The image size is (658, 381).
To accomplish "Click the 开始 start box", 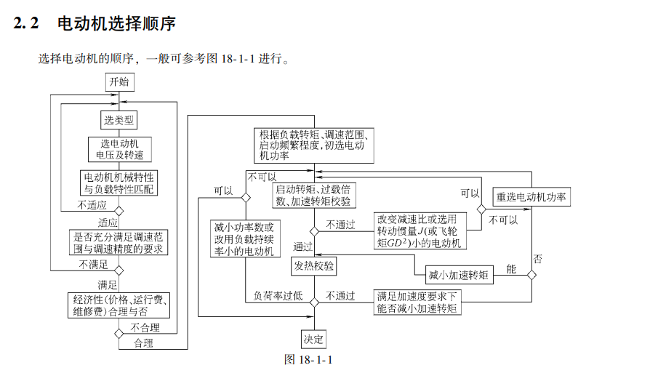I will pyautogui.click(x=119, y=81).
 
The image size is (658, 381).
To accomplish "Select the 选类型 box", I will pyautogui.click(x=119, y=120).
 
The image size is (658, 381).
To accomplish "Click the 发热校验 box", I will pyautogui.click(x=315, y=267).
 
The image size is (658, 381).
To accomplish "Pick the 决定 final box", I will pyautogui.click(x=313, y=339).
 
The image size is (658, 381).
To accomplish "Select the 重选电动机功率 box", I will pyautogui.click(x=531, y=196).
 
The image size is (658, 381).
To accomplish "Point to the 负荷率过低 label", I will pyautogui.click(x=277, y=296).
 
